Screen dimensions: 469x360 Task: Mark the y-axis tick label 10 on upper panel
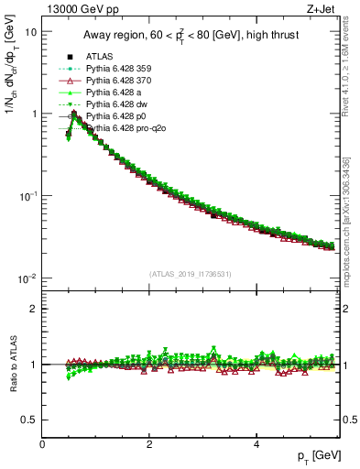(30, 31)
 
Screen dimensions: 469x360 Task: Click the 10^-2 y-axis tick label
(27, 278)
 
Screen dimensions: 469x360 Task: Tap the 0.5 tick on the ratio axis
(29, 420)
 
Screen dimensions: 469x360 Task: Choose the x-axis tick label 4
(256, 443)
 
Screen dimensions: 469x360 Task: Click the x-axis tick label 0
(42, 443)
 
